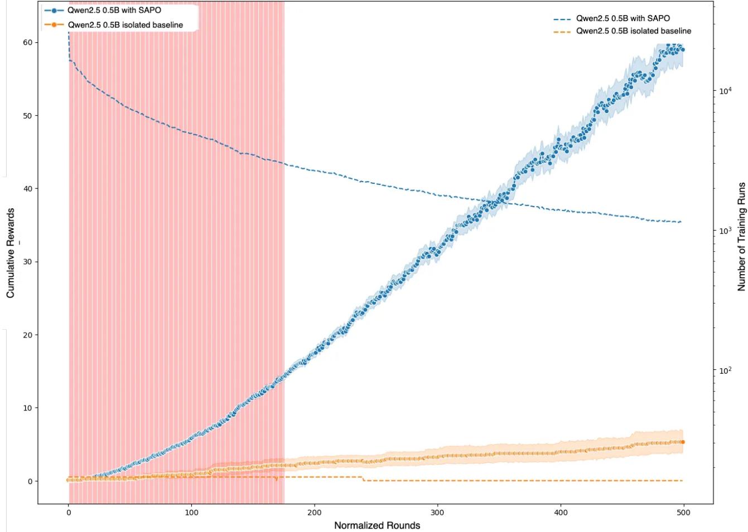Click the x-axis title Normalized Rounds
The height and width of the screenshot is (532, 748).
[x=377, y=525]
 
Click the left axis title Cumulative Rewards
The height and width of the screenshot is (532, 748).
[x=11, y=253]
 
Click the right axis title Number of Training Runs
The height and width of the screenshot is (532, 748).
[x=741, y=237]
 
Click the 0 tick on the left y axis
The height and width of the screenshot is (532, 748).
[x=31, y=481]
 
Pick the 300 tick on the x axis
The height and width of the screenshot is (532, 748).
[x=438, y=513]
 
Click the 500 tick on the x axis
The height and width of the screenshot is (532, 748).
[x=683, y=513]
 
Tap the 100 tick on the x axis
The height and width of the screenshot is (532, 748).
[x=192, y=513]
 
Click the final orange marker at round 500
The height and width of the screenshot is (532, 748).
[x=682, y=442]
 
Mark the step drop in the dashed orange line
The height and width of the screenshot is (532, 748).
[x=363, y=479]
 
